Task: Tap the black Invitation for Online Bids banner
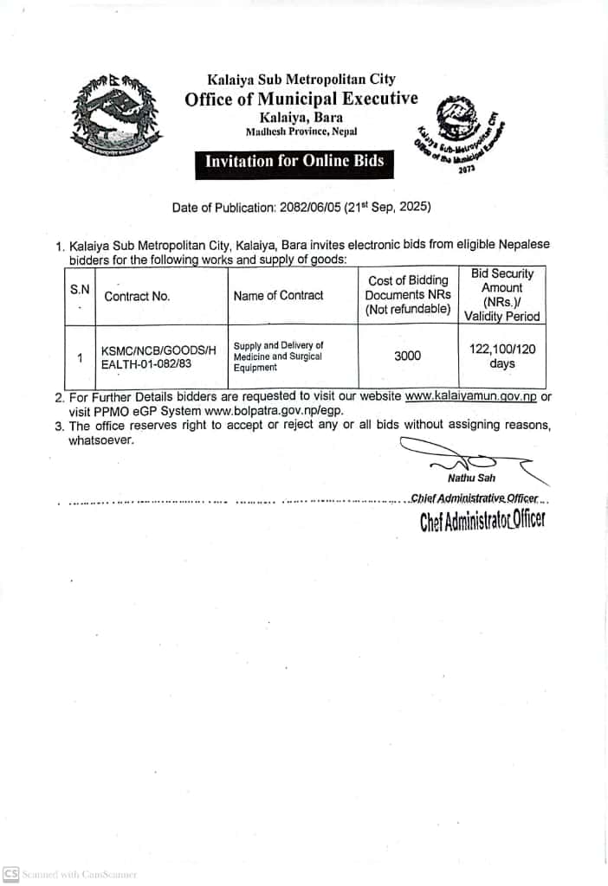point(294,161)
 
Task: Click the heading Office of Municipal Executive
point(301,99)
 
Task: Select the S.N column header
point(80,290)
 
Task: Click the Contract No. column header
point(137,296)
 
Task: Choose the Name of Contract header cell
point(278,295)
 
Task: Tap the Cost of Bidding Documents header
point(408,294)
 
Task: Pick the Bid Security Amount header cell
point(502,294)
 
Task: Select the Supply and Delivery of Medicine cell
point(278,356)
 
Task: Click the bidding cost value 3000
point(407,356)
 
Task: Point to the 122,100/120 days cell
point(501,356)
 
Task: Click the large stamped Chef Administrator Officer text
point(482,521)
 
